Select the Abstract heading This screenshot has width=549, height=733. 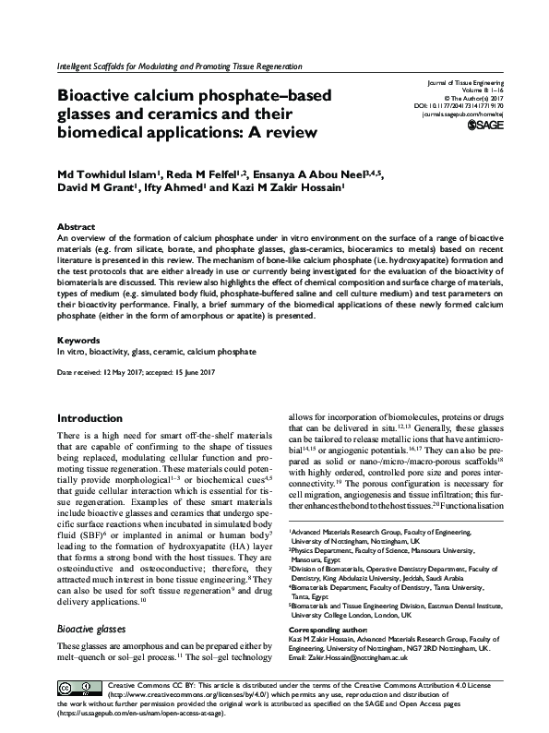click(x=76, y=226)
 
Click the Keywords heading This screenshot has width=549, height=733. click(x=78, y=341)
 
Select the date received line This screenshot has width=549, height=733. click(x=137, y=371)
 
